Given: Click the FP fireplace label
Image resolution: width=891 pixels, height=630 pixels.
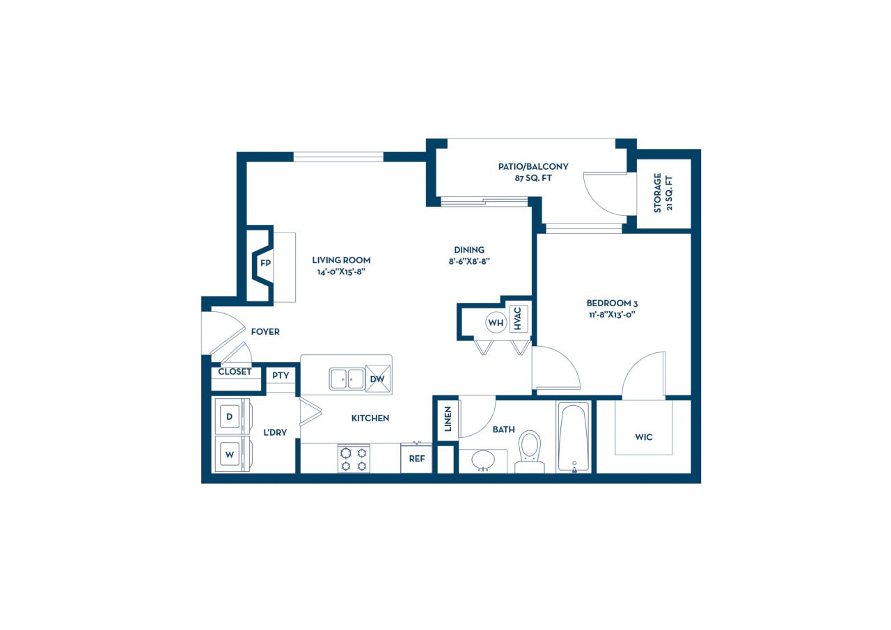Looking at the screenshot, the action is click(x=265, y=263).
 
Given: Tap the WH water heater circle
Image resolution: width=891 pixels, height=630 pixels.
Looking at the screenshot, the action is click(x=496, y=322).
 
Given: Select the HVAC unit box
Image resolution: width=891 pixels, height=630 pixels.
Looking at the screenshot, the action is click(x=519, y=318).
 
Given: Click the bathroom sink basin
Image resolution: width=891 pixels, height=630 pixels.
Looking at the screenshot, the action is click(x=483, y=461).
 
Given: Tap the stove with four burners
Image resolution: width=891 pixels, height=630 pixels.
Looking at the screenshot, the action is click(x=354, y=459).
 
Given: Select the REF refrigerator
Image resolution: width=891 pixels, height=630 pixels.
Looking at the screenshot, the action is click(x=416, y=458).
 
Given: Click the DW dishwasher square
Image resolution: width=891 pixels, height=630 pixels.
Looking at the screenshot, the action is click(x=378, y=379).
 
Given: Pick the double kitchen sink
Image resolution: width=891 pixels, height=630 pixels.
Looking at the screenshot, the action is click(x=347, y=379).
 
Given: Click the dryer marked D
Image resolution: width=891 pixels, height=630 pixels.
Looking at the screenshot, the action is click(x=232, y=416).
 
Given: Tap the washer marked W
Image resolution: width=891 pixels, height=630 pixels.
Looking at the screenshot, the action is click(x=232, y=454).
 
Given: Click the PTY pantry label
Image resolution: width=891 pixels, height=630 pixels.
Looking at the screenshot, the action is click(x=281, y=375).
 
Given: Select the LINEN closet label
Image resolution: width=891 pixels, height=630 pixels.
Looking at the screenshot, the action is click(x=448, y=419).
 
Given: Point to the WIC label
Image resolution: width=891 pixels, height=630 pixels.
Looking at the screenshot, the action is click(x=644, y=437).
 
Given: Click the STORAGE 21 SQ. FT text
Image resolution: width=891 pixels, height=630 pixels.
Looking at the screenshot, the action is click(x=663, y=194).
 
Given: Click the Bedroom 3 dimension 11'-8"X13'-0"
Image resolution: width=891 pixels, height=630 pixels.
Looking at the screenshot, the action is click(x=612, y=315).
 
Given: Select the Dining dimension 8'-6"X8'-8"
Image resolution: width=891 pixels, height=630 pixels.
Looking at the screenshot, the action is click(x=469, y=261).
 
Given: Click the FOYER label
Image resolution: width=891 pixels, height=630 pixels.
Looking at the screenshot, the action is click(x=265, y=331).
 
